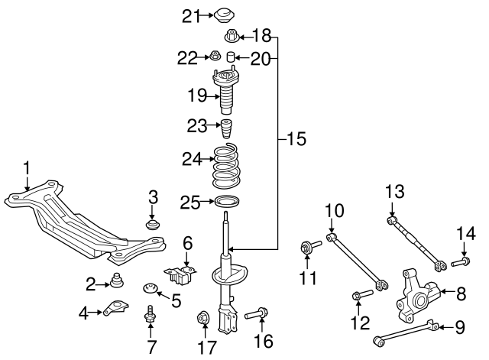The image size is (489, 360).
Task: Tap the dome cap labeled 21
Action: (224, 15)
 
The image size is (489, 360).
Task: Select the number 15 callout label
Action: (296, 138)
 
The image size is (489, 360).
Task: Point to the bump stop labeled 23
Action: (228, 129)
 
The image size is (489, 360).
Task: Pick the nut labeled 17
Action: (204, 317)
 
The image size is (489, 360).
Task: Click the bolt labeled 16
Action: (257, 313)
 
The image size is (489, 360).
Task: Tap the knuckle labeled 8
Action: (417, 296)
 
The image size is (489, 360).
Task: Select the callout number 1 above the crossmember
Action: (27, 168)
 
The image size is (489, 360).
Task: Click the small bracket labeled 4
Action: (115, 307)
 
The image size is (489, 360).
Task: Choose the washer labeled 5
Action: (150, 288)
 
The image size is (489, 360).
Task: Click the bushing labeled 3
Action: (152, 225)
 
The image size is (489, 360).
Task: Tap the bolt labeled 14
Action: (461, 261)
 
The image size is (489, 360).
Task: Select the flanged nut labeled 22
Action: (215, 56)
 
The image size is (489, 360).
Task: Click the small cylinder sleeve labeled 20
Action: (230, 57)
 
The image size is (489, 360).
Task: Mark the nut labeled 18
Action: (232, 36)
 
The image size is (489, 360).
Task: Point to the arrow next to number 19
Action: (213, 97)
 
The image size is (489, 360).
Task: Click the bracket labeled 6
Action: (180, 274)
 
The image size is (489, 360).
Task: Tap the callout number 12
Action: (360, 323)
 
